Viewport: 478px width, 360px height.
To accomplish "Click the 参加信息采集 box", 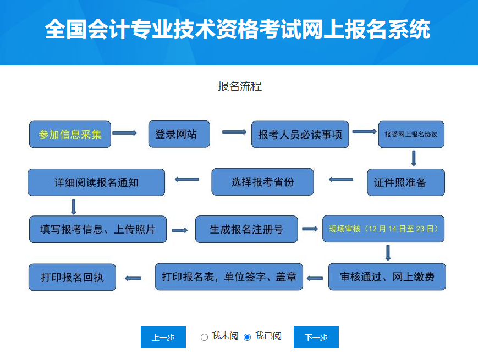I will (70, 134).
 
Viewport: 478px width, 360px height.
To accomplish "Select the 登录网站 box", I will (179, 134).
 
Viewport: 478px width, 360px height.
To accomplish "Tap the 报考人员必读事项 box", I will (300, 135).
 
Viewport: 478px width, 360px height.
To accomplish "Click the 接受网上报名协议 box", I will (411, 135).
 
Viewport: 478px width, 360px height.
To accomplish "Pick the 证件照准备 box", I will (405, 182).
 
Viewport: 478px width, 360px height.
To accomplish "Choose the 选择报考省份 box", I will (262, 182).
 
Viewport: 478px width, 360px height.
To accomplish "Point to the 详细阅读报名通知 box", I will (96, 182).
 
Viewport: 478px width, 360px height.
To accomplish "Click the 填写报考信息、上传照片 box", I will (97, 229).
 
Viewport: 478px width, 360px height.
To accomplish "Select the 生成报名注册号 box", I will (246, 229).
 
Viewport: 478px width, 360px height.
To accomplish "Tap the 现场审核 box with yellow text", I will (383, 229).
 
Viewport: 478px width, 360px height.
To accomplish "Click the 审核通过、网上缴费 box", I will (387, 276).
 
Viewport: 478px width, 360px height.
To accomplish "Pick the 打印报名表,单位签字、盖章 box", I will (229, 276).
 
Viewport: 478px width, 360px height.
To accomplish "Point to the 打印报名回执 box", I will (72, 277).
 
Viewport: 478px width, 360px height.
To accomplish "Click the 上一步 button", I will (163, 337).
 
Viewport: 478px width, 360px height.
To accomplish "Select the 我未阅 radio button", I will (204, 337).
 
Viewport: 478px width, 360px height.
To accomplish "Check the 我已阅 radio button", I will (247, 337).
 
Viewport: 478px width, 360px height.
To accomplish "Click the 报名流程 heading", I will (239, 86).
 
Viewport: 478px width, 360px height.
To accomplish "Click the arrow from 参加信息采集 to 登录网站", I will (124, 133).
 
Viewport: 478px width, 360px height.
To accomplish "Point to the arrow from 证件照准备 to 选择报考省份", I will (341, 179).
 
